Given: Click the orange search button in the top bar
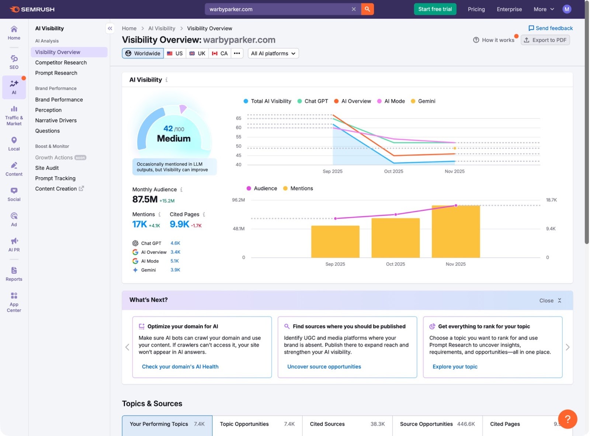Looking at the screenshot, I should tap(367, 9).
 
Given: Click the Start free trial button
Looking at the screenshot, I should tap(435, 9).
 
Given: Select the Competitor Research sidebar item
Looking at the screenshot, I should tap(61, 63).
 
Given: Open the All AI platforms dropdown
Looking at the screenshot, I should tap(273, 53).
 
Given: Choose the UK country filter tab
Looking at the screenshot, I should tap(197, 53).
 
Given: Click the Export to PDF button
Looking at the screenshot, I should tap(545, 40).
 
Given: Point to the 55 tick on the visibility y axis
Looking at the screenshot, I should tap(239, 137).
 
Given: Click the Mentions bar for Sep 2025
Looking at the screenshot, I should tap(335, 242).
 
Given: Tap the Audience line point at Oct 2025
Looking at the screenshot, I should tap(396, 214).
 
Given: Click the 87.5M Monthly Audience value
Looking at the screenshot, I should tap(145, 200).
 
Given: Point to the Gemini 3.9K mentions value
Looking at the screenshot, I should tap(175, 270).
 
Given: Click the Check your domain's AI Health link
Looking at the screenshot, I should tap(180, 367).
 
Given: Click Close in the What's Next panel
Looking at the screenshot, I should tap(550, 301).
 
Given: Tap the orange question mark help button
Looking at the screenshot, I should tap(567, 419).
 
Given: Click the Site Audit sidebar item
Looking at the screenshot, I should tap(47, 168).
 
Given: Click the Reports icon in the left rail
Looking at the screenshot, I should tap(14, 274).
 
